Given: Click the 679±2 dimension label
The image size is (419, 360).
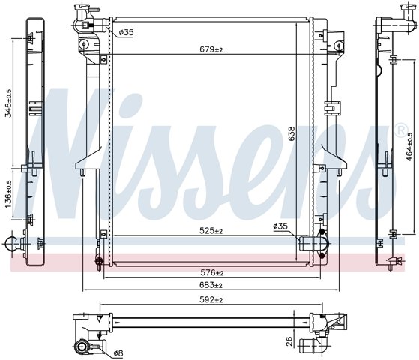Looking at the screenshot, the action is pyautogui.click(x=211, y=49).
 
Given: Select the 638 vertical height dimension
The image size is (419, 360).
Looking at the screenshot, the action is pyautogui.click(x=292, y=133).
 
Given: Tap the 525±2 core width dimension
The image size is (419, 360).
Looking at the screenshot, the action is pyautogui.click(x=211, y=230).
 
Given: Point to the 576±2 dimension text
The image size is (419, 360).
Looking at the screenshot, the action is pyautogui.click(x=212, y=272).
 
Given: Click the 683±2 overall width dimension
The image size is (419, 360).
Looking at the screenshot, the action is pyautogui.click(x=211, y=285).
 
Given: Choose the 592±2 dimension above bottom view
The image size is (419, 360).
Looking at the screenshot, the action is pyautogui.click(x=211, y=300).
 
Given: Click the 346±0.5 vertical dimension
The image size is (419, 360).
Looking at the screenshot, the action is pyautogui.click(x=9, y=103).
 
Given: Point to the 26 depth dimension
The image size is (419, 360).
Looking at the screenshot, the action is pyautogui.click(x=289, y=341).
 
